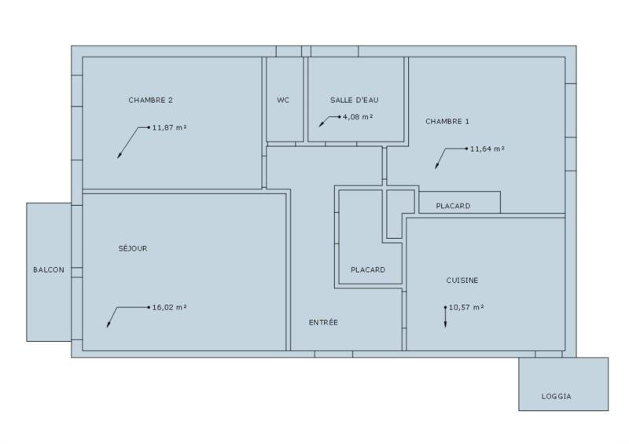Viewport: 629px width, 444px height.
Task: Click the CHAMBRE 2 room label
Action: (150, 100)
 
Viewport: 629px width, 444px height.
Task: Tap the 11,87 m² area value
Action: (169, 127)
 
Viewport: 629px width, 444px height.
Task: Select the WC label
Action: (283, 100)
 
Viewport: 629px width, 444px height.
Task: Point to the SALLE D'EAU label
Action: (354, 100)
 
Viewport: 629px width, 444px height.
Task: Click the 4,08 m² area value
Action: (357, 117)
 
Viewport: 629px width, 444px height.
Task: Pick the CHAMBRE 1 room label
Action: (447, 121)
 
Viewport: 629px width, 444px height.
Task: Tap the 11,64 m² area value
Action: (487, 148)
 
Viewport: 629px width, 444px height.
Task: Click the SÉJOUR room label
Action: (132, 248)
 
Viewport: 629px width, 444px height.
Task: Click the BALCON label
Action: (49, 270)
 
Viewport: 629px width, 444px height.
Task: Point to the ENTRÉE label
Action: (323, 322)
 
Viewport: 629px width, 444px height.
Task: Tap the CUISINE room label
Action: (462, 280)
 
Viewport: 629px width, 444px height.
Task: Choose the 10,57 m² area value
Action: (465, 307)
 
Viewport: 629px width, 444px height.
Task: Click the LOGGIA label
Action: (556, 396)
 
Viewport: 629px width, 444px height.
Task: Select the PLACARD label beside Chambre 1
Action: (453, 206)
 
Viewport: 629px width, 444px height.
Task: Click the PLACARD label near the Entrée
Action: (367, 270)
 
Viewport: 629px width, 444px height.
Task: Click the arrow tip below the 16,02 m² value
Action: (108, 327)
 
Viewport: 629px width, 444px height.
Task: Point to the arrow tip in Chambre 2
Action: (119, 157)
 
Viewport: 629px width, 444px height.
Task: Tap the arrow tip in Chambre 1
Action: (436, 167)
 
